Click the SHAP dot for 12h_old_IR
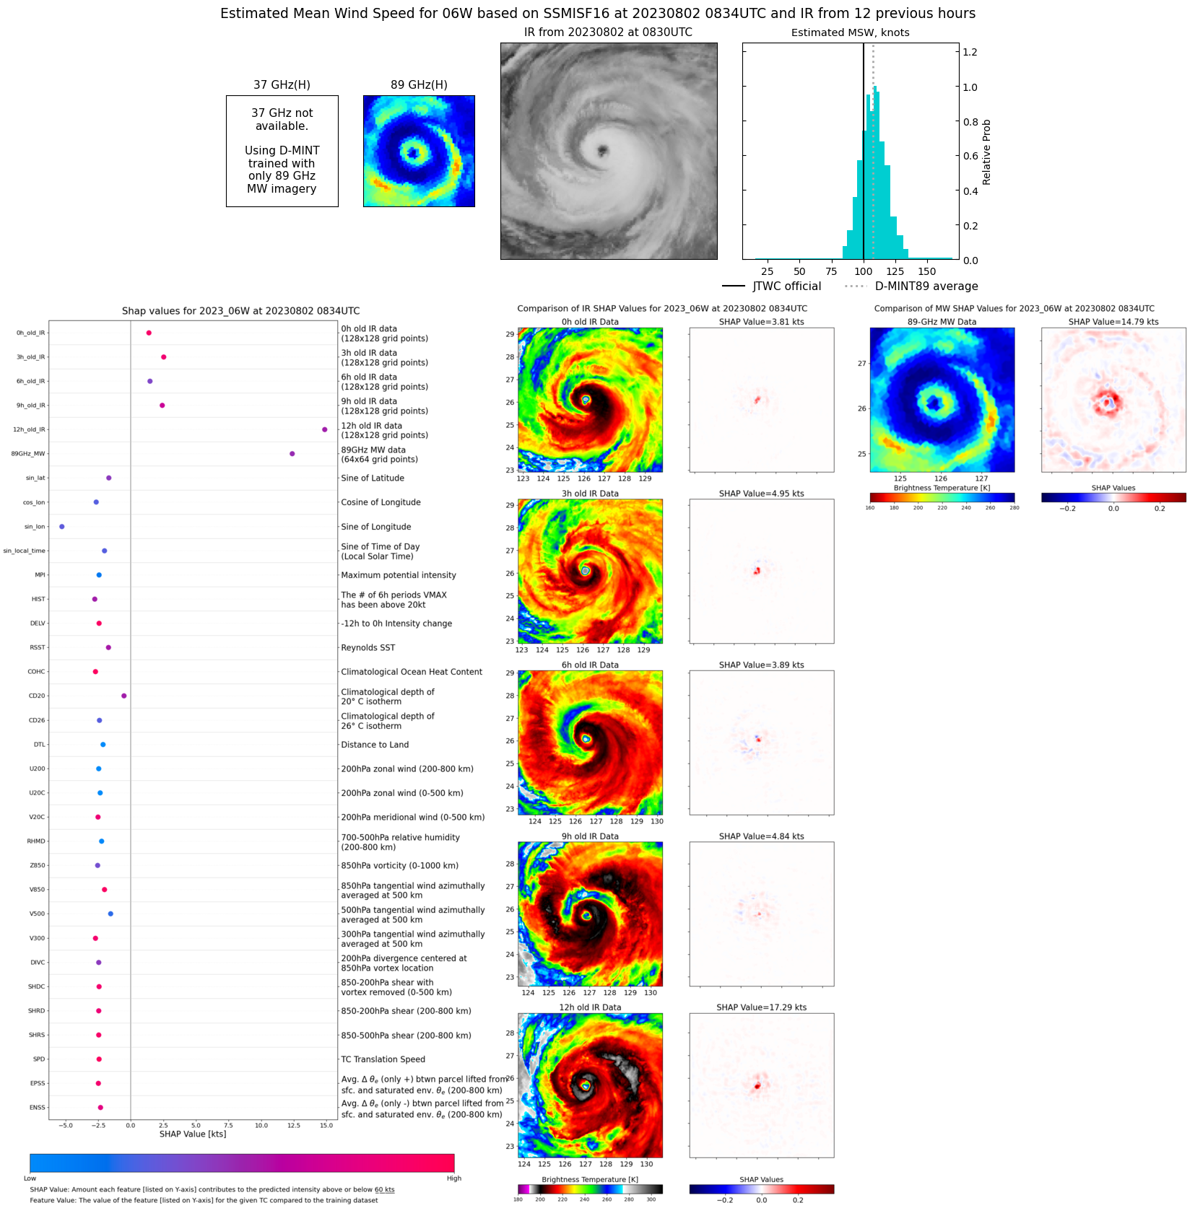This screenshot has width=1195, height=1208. [324, 429]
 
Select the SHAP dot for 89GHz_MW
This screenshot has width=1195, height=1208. [292, 454]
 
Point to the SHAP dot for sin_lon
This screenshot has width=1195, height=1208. [61, 527]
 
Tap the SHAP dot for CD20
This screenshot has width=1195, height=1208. [124, 696]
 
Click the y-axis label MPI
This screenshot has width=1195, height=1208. [40, 575]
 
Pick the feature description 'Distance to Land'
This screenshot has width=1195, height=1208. [375, 745]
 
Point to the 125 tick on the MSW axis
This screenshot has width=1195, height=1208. [895, 271]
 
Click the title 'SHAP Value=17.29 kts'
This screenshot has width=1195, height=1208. [761, 1007]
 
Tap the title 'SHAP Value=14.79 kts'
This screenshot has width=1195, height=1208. [1113, 322]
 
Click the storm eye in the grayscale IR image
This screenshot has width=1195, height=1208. [602, 151]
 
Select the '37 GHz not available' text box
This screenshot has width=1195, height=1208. [282, 151]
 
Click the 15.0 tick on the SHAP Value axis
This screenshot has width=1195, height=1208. [326, 1125]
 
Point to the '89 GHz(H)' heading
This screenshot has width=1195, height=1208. [419, 85]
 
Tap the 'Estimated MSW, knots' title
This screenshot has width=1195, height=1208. [850, 32]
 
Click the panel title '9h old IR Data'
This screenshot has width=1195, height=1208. [590, 836]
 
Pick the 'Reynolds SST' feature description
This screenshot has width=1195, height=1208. [368, 648]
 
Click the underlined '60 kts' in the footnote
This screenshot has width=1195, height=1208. [384, 1190]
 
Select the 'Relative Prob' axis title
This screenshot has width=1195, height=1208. [986, 152]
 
